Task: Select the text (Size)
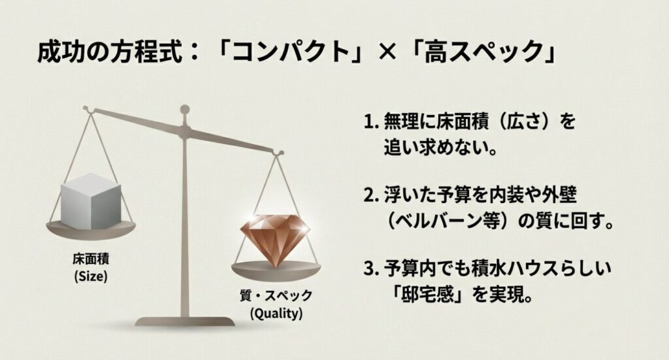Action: coord(91,276)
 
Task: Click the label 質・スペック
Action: coord(276,296)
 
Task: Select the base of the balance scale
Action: coord(185,321)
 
